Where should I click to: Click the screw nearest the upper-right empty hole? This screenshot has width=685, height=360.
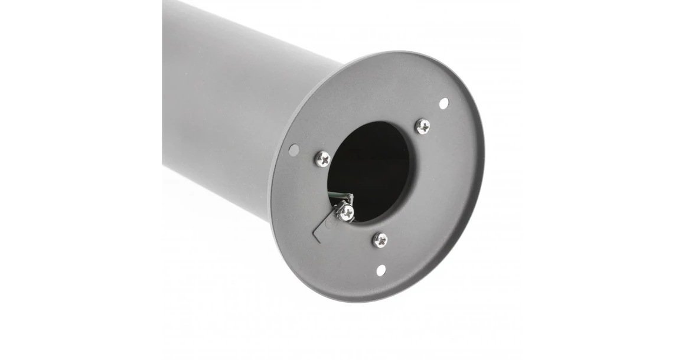[x=422, y=126]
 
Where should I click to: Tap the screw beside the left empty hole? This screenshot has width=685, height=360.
[x=322, y=158]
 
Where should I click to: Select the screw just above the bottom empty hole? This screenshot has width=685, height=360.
[x=380, y=240]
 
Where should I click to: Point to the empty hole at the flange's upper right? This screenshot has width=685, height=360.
[x=443, y=103]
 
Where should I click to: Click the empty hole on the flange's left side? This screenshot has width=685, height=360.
[x=293, y=150]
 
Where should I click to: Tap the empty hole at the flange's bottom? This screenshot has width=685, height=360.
[x=381, y=270]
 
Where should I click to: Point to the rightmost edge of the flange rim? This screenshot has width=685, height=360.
[x=484, y=159]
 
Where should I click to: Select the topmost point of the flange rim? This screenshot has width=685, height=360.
[x=407, y=51]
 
